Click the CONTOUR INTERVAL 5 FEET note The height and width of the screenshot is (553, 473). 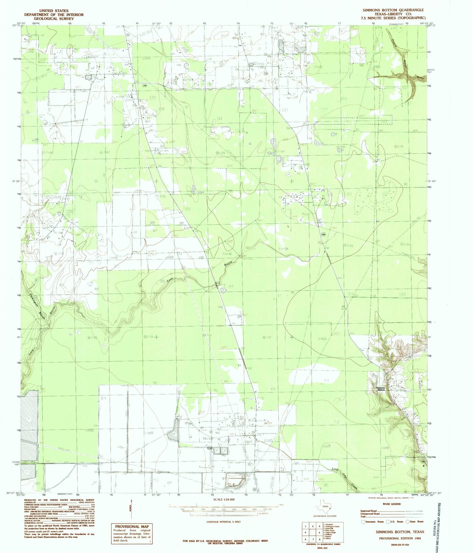coord(224,522)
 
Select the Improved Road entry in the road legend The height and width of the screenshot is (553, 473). coord(369,511)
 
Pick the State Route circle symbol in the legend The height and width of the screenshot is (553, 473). coord(408,522)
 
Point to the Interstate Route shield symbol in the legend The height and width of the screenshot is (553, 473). coord(363,522)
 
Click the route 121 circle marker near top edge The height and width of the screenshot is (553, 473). coord(128,35)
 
